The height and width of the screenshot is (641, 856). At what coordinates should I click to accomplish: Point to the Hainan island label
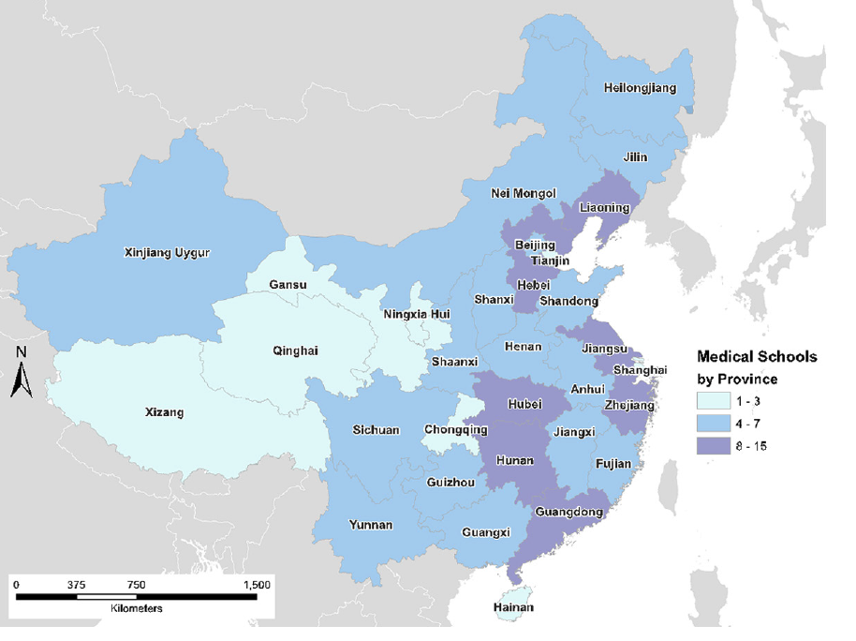pyautogui.click(x=512, y=608)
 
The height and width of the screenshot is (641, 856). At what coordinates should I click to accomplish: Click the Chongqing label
pyautogui.click(x=456, y=429)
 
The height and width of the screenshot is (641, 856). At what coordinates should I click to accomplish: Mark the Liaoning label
pyautogui.click(x=605, y=206)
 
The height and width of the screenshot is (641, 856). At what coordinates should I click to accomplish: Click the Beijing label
pyautogui.click(x=535, y=245)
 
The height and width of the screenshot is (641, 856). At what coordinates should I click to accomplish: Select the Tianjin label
pyautogui.click(x=550, y=261)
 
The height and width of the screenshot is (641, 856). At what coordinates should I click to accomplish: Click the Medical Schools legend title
pyautogui.click(x=757, y=356)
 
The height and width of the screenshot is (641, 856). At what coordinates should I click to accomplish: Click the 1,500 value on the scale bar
pyautogui.click(x=256, y=585)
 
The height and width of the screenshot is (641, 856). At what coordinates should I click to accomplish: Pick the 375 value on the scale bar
pyautogui.click(x=77, y=585)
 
